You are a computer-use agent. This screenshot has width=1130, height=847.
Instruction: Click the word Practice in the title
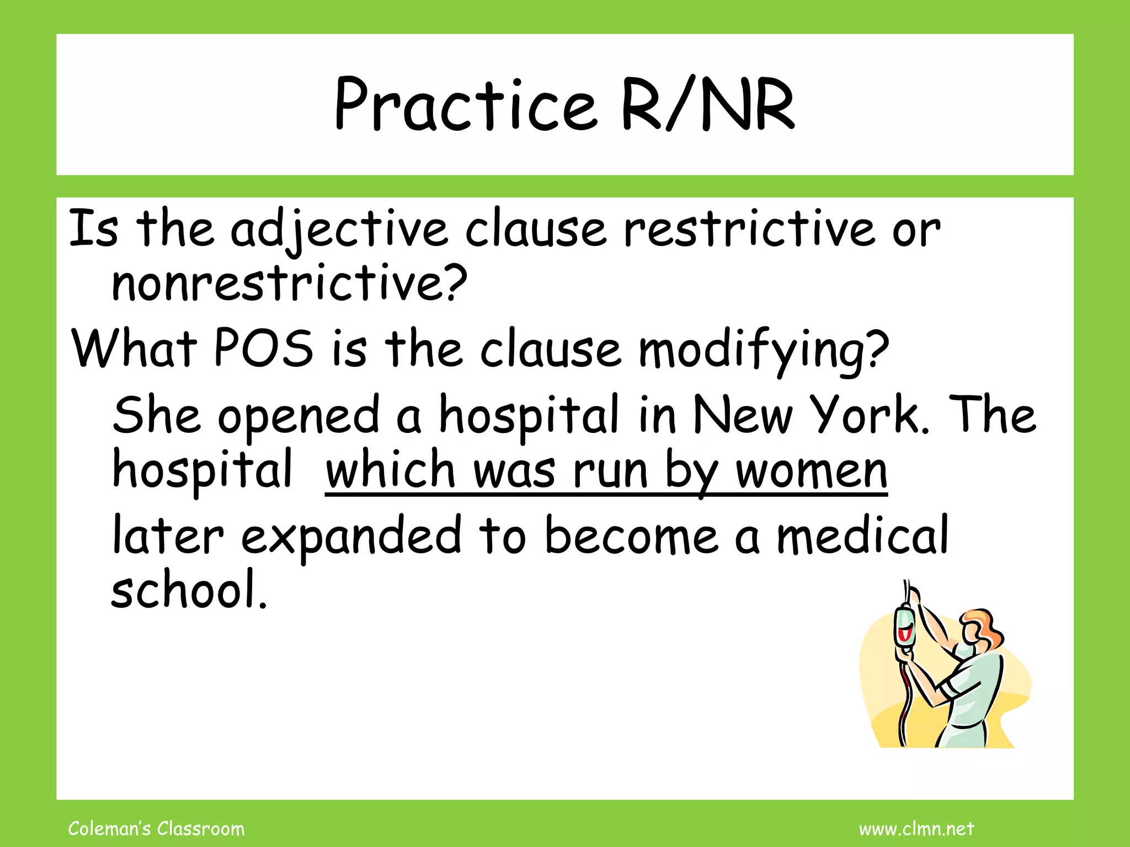(x=465, y=105)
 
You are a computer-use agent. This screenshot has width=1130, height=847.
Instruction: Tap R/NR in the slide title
(x=708, y=105)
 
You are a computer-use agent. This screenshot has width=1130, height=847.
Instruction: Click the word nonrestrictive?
(x=289, y=283)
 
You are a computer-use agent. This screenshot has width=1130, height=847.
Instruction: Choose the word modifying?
(x=764, y=350)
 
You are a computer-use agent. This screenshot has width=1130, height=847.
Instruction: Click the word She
(x=156, y=416)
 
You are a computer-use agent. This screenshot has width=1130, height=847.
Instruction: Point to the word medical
(x=863, y=535)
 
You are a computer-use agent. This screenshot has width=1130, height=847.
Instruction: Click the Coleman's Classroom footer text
(x=156, y=829)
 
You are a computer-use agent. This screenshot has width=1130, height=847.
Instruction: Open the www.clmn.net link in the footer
(x=916, y=829)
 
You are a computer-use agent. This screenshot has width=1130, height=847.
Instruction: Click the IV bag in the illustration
(x=904, y=626)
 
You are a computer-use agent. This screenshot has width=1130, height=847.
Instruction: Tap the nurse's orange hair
(x=985, y=626)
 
